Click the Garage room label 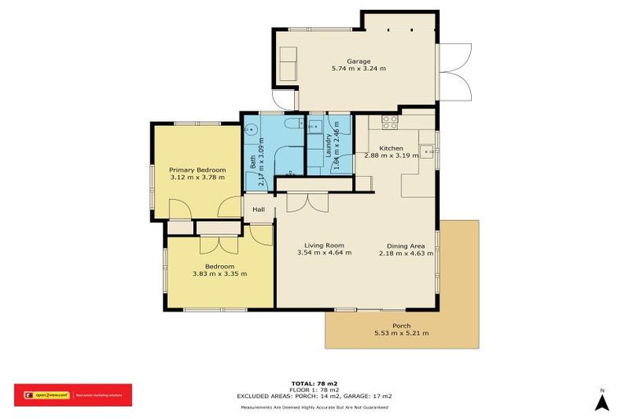358,61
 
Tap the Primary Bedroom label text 195,169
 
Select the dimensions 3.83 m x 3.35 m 219,274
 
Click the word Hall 259,209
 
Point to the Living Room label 324,245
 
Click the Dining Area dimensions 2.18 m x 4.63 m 405,253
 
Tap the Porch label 401,326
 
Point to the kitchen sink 426,151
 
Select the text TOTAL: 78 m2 314,383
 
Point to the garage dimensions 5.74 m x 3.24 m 358,69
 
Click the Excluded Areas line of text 314,396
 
